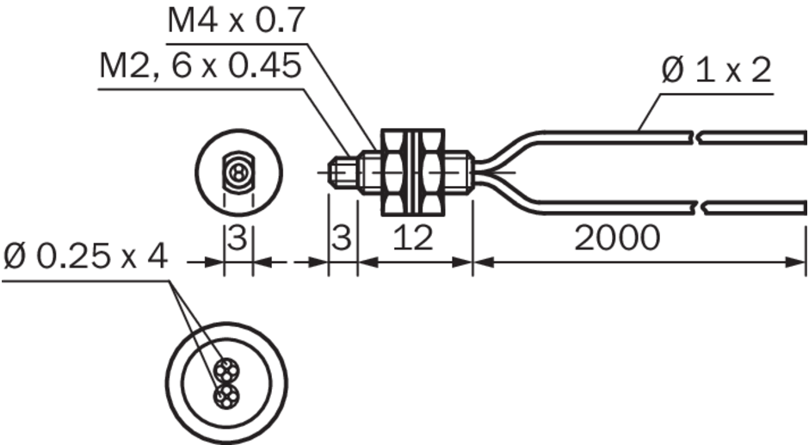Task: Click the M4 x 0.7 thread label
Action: [237, 21]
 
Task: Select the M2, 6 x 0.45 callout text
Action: [201, 66]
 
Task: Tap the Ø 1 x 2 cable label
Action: [717, 71]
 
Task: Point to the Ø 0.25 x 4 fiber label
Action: [86, 256]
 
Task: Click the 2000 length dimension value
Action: [617, 238]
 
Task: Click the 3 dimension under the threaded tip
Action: [342, 238]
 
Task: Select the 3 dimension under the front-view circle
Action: [238, 238]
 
